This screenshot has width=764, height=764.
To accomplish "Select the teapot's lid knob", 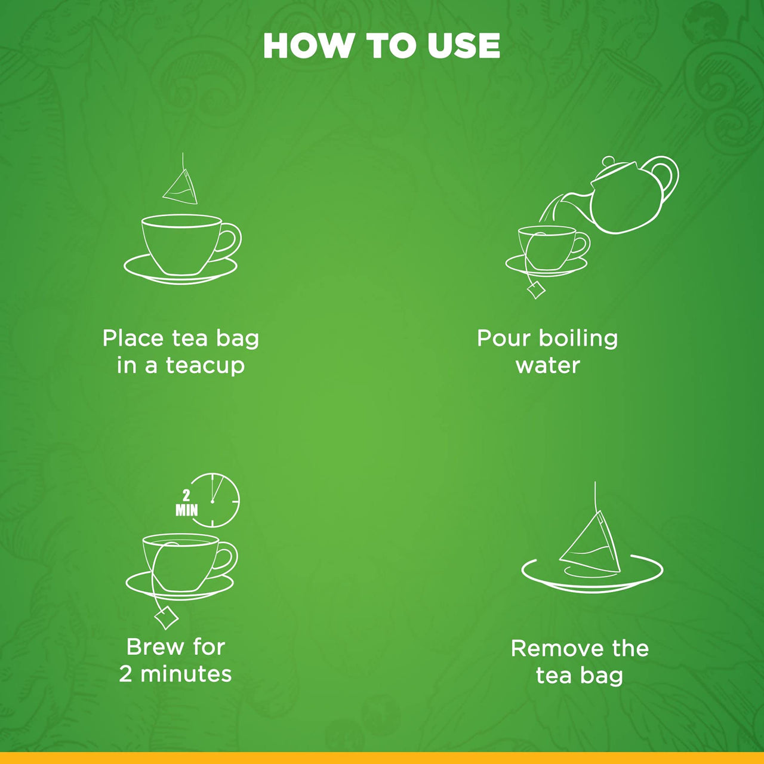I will point(608,161).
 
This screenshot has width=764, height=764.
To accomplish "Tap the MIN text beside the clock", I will point(186,510).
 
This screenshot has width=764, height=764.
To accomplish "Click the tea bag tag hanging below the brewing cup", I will point(167,617).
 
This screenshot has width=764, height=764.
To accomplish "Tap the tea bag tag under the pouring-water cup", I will point(536,290).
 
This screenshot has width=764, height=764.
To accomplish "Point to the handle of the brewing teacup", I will point(226,557).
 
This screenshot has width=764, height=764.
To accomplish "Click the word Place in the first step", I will point(133,338).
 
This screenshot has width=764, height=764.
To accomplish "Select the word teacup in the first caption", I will point(205,365).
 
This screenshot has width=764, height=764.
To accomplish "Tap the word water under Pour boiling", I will point(547,365).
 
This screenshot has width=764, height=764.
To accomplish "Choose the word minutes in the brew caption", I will point(186,674).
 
